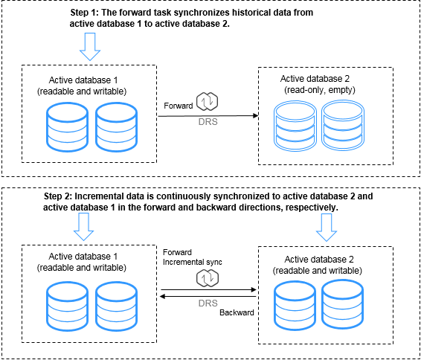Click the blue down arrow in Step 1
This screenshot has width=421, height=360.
[90, 47]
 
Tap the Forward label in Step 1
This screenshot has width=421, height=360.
[179, 106]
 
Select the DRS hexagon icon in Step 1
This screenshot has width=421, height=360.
[207, 102]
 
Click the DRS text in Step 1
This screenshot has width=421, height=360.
[208, 122]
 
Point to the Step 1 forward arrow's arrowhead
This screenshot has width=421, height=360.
[256, 116]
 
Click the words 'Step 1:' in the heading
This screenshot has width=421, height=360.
[85, 13]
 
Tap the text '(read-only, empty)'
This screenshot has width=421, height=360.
[320, 90]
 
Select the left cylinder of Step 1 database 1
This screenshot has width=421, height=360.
[68, 127]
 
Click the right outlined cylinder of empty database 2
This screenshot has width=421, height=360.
[343, 126]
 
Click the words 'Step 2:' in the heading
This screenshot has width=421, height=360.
[58, 196]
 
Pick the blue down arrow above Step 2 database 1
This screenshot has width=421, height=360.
[83, 227]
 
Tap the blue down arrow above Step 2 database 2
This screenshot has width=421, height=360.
[327, 228]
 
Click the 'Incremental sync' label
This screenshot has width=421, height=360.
[192, 262]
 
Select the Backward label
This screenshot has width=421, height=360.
[237, 312]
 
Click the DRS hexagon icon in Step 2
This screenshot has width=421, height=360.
[208, 278]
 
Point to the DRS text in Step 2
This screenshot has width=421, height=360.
[208, 303]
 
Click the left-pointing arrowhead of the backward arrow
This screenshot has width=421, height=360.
[162, 296]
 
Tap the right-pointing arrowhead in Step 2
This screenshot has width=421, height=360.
[254, 289]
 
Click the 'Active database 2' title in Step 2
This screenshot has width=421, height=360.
[319, 260]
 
